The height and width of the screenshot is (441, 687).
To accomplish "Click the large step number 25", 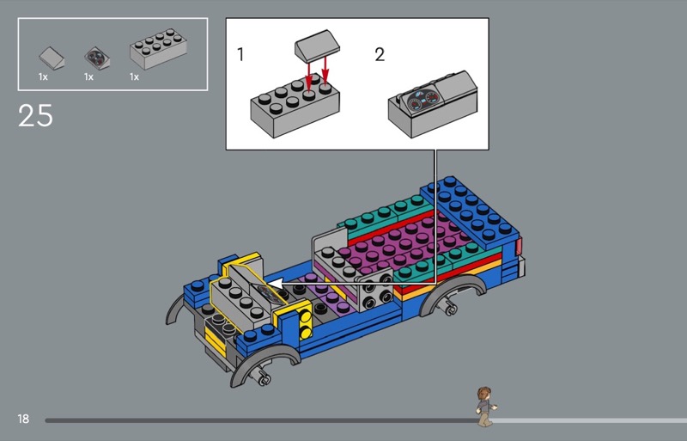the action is [35, 116].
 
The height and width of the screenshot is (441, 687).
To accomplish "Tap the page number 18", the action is [23, 419].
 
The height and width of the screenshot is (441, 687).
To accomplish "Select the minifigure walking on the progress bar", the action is [485, 407].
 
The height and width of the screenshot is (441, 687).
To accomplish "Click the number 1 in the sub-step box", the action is [240, 55].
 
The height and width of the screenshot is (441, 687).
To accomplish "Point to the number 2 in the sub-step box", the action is [380, 54].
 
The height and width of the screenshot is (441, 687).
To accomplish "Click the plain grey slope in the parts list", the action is [52, 58].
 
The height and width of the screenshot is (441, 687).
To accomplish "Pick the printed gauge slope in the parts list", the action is [97, 58].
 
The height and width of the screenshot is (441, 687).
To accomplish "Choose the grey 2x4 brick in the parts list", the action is [158, 49].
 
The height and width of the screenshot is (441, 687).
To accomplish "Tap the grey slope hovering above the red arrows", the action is [318, 46].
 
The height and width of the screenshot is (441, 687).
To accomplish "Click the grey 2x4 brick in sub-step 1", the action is [295, 108].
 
